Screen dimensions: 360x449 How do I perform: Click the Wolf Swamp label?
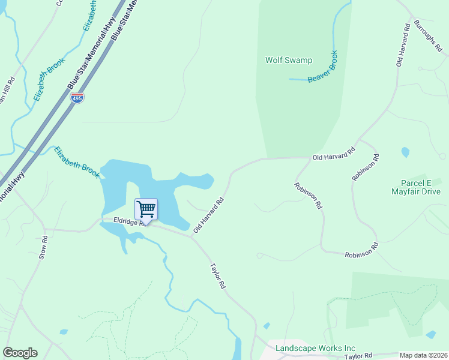(x=289, y=60)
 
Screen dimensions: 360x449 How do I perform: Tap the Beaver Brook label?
(x=324, y=68)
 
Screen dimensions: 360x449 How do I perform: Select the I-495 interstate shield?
(x=77, y=97)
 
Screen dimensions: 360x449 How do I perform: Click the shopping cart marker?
(x=146, y=209)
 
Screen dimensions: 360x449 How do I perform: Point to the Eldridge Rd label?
(x=124, y=222)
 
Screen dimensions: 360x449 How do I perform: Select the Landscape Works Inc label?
(x=315, y=348)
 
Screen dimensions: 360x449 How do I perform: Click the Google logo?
(x=20, y=353)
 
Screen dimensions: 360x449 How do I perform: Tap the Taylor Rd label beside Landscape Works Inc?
(x=359, y=356)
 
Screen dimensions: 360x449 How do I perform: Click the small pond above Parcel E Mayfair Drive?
(x=405, y=152)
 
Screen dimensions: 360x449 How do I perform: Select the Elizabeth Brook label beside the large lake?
(x=76, y=163)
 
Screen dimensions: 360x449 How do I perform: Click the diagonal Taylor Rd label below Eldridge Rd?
(x=217, y=276)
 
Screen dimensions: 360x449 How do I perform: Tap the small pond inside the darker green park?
(x=430, y=334)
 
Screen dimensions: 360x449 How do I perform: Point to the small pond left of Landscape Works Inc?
(x=266, y=326)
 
